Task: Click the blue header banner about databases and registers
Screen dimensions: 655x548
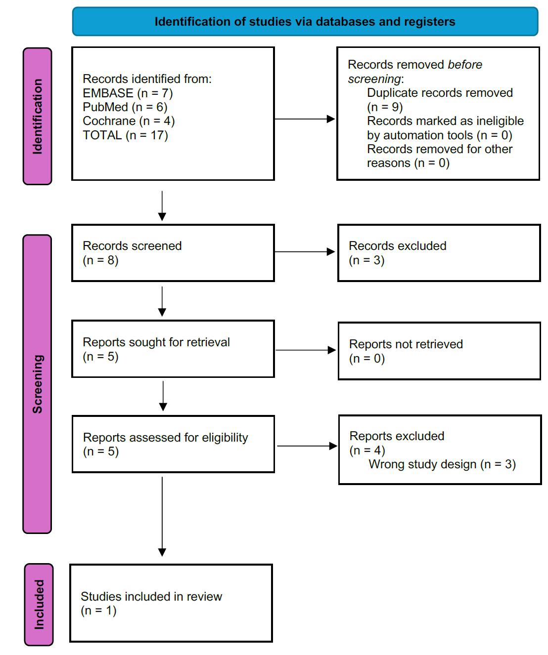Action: point(305,22)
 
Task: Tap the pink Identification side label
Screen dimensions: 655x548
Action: point(38,117)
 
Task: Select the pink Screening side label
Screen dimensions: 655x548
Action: point(38,384)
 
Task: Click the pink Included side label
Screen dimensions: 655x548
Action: point(39,604)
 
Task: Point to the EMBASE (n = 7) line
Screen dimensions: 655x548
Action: point(128,93)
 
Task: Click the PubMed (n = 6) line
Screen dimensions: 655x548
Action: point(125,107)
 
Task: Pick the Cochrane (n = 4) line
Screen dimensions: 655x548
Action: point(129,121)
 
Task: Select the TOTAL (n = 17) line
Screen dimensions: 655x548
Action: point(125,135)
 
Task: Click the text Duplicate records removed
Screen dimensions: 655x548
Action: point(440,93)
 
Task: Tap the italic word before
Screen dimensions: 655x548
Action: point(464,65)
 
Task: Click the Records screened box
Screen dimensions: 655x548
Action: point(173,253)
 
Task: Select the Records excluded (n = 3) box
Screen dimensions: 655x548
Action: point(439,253)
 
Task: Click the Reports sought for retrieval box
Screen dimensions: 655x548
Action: point(173,349)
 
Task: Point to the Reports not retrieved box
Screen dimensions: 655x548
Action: point(439,351)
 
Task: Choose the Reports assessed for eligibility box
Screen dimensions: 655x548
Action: point(173,444)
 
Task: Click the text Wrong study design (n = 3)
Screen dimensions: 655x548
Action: point(442,464)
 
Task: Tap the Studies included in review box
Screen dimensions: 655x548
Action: point(171,603)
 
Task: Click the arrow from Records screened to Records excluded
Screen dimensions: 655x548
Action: point(305,252)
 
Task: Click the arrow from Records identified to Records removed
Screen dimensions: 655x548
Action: point(305,119)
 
